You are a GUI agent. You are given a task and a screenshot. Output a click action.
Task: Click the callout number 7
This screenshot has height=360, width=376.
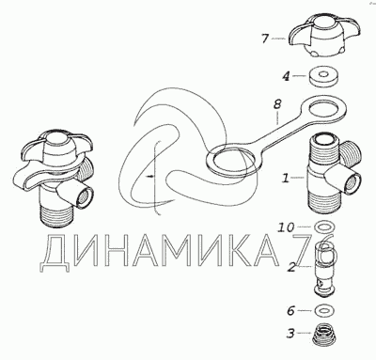point(265,39)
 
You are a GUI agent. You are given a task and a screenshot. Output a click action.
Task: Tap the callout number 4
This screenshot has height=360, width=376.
point(286,76)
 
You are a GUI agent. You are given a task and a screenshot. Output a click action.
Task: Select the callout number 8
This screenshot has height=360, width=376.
point(277,104)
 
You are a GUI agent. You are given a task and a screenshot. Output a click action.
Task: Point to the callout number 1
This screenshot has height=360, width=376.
point(286,179)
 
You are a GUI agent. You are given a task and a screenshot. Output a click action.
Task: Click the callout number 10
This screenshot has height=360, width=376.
point(286,227)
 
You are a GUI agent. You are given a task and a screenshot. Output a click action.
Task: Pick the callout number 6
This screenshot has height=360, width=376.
point(290,311)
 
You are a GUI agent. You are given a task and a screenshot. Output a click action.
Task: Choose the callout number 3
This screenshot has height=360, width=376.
point(290,334)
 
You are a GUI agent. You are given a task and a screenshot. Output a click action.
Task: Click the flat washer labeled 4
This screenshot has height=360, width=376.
point(323,77)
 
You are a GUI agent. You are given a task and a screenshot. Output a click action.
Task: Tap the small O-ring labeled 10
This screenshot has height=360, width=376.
point(324,227)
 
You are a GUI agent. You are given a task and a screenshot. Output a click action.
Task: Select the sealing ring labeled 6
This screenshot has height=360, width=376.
point(324,310)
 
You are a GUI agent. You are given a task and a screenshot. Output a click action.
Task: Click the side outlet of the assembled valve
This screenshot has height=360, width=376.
point(84,196)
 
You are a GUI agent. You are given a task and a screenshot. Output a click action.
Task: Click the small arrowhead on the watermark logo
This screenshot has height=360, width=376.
point(151,177)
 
